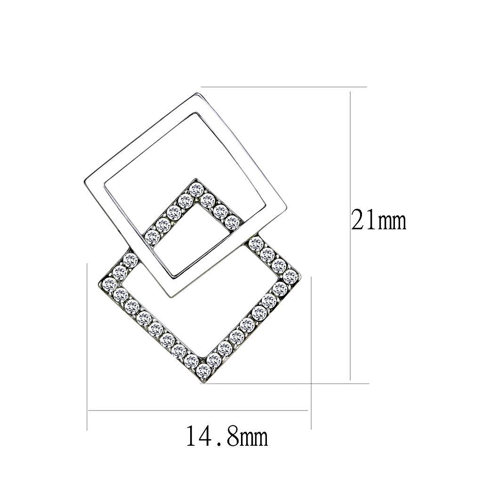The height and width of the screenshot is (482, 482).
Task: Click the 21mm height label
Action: (378, 220)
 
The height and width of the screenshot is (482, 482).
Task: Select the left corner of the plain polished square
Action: (85, 184)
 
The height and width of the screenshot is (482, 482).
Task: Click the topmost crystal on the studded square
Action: (196, 190)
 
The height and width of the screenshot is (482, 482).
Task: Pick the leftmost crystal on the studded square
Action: (110, 283)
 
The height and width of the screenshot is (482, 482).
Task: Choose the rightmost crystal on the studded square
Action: (290, 277)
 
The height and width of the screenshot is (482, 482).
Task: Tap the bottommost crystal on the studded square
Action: (203, 370)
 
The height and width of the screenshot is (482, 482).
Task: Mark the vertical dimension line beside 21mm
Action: (350, 235)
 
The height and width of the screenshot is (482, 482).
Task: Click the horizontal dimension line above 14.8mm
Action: (198, 410)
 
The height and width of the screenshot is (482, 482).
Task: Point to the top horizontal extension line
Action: (282, 87)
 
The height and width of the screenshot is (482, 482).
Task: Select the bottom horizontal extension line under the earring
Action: (282, 383)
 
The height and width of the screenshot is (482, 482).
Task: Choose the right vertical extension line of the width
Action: (312, 353)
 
